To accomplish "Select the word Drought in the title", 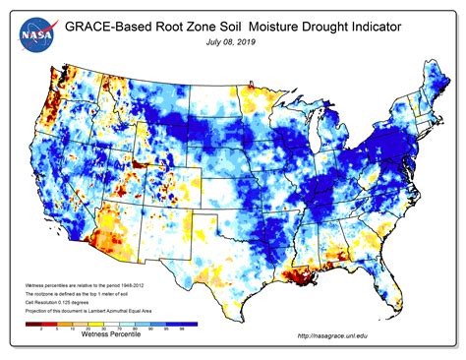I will pos(321,28).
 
